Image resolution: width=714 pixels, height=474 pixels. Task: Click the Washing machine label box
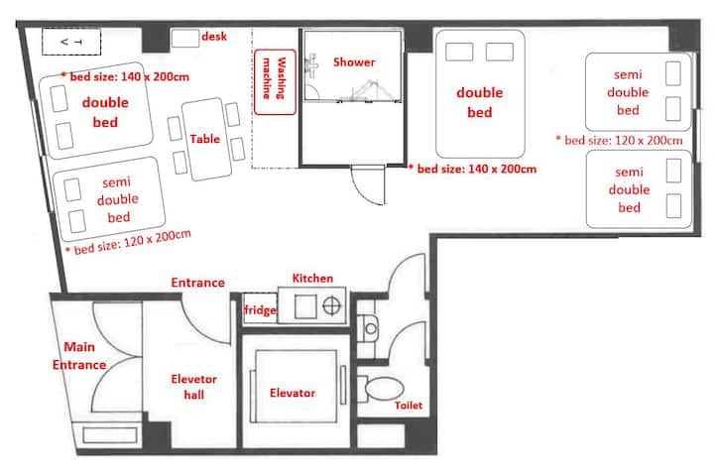click(x=275, y=82)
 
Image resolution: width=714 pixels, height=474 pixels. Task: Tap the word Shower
click(x=354, y=61)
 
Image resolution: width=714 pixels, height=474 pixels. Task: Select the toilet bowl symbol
click(x=384, y=389)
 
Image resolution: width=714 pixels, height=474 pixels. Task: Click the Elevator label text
click(x=293, y=393)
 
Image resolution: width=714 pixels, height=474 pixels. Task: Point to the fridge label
click(x=260, y=310)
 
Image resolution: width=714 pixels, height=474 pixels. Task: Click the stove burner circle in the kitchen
click(x=331, y=305)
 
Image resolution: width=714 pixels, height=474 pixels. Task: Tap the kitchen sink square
click(x=305, y=306)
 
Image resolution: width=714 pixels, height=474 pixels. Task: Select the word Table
click(x=205, y=139)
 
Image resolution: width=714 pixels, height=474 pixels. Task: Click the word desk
click(x=214, y=36)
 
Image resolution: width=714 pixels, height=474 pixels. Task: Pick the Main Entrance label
click(x=79, y=356)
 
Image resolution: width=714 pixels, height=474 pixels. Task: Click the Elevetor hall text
click(x=193, y=387)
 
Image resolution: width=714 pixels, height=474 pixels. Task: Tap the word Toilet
click(x=409, y=406)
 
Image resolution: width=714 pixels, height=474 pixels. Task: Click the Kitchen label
click(x=312, y=279)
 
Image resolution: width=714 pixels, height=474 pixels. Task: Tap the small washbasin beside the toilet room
click(x=370, y=328)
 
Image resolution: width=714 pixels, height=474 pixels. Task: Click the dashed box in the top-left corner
click(x=71, y=42)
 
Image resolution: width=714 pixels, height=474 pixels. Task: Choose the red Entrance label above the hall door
click(x=197, y=283)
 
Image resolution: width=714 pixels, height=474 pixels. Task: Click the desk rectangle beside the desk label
click(x=185, y=39)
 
